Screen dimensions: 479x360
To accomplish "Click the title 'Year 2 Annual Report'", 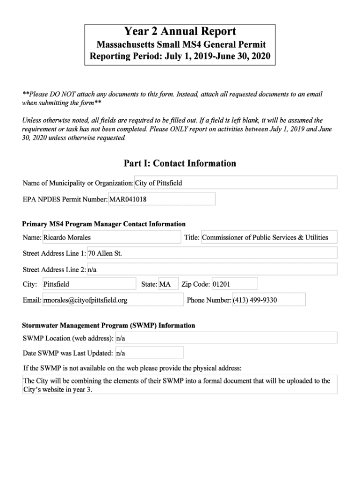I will [x=180, y=32].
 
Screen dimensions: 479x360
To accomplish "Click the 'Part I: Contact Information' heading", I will [x=180, y=163].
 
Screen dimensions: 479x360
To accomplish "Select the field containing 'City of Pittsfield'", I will [x=236, y=183].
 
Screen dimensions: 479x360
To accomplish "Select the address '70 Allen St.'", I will [x=212, y=253].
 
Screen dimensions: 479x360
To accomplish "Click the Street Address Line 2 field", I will [x=212, y=269].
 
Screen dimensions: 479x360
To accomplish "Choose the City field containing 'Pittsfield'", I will [x=89, y=284].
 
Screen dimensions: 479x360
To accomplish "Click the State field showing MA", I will [x=168, y=284].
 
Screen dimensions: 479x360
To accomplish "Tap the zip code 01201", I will [x=234, y=284].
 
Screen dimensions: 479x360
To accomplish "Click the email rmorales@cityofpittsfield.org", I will [x=113, y=300].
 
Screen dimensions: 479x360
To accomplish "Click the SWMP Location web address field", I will [x=226, y=338].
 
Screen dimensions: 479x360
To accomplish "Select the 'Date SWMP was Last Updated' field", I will [x=149, y=353].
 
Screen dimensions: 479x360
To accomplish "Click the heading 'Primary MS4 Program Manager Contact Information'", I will [x=104, y=224].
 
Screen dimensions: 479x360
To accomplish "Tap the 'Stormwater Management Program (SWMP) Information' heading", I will [x=109, y=325].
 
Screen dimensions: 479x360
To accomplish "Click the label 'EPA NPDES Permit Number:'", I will [x=65, y=199].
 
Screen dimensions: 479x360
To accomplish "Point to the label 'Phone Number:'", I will [x=209, y=300].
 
